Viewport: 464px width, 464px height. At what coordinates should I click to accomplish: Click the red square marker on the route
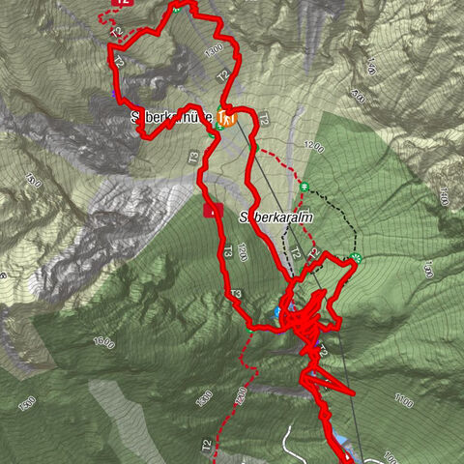coord(211,209)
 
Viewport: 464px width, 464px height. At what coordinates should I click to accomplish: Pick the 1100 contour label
coord(406,398)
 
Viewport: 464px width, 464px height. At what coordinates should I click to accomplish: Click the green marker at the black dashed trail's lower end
coord(356,257)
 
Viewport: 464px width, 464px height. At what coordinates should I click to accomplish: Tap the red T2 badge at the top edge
coord(122,3)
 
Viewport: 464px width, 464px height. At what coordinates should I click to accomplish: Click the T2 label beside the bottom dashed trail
coord(206,446)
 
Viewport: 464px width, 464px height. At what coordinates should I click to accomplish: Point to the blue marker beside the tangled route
coord(278,312)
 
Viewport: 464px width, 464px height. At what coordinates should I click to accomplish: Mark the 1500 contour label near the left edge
coord(34,180)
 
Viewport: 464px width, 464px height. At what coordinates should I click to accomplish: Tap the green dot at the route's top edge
coord(177,7)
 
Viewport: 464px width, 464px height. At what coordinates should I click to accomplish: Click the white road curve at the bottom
coord(290,440)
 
